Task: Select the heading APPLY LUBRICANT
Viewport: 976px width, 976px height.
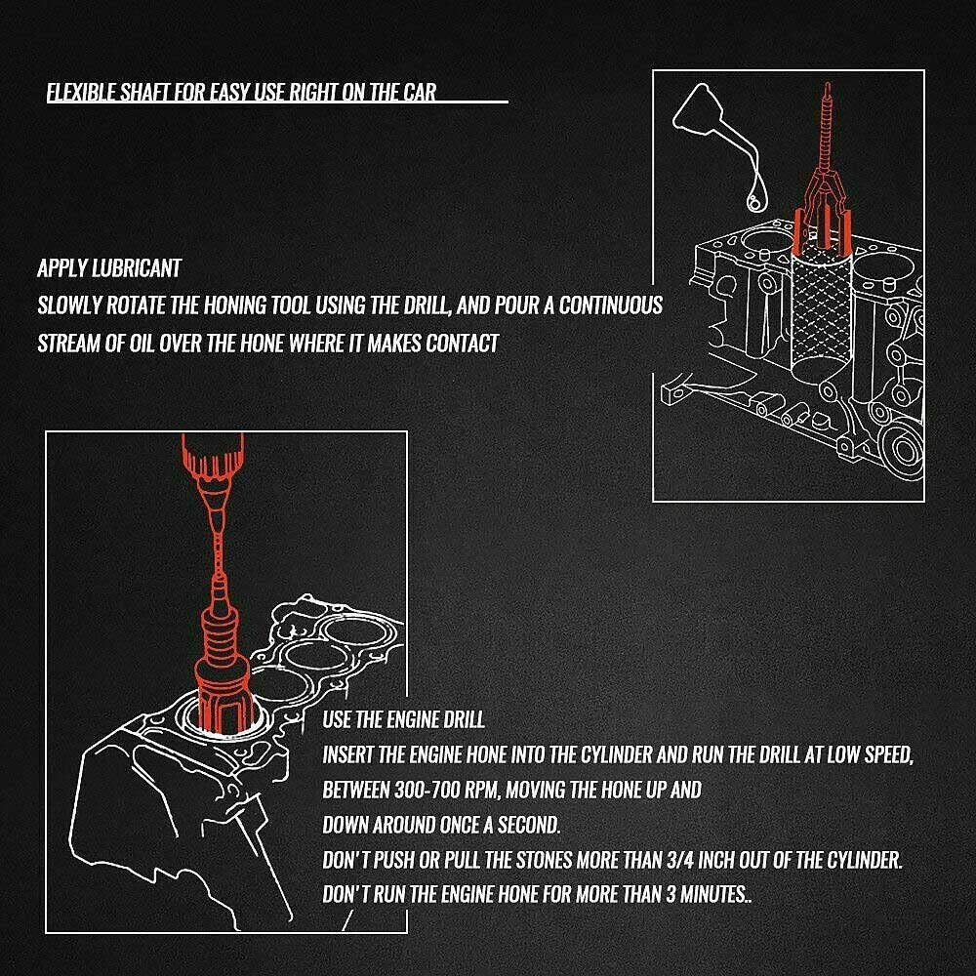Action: coord(109,268)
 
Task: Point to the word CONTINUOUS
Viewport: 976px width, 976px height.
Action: coord(611,305)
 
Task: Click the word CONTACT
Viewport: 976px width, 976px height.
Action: coord(463,343)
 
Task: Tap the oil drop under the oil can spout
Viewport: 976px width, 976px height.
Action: coord(757,197)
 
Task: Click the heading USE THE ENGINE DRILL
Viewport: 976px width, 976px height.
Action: coord(403,720)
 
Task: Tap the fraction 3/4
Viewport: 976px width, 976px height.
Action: coord(680,860)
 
